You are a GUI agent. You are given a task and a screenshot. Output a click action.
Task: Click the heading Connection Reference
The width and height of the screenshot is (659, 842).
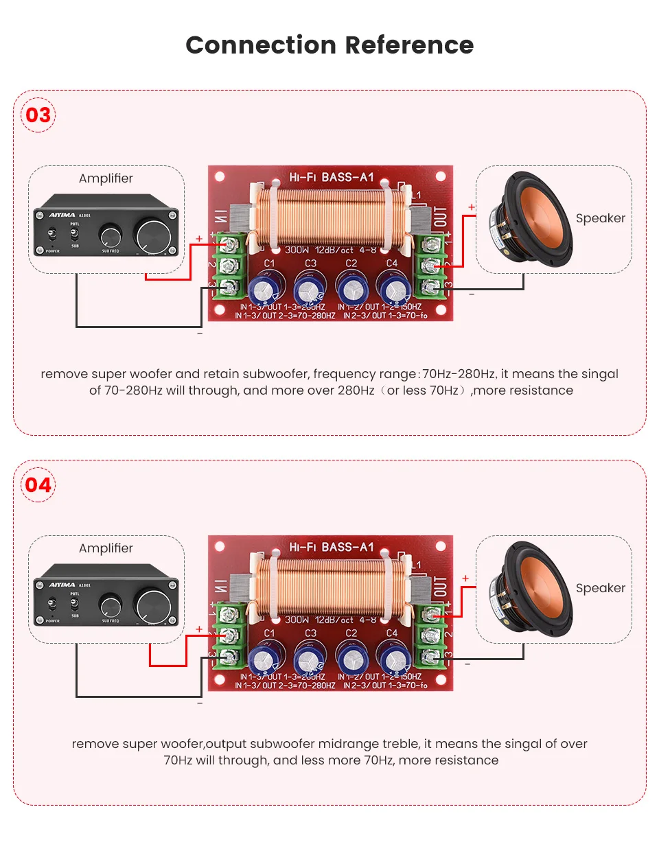pyautogui.click(x=329, y=45)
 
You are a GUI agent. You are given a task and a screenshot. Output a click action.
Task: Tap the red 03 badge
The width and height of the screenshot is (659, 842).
pyautogui.click(x=38, y=115)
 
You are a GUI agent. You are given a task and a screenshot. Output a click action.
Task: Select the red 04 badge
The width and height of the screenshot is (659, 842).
pyautogui.click(x=38, y=485)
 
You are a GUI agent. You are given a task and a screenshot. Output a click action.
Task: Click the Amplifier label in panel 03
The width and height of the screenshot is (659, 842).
pyautogui.click(x=106, y=178)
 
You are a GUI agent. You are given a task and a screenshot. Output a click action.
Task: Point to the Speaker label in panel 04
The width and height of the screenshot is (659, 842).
pyautogui.click(x=601, y=588)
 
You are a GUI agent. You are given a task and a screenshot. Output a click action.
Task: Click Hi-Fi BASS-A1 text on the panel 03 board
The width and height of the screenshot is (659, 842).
pyautogui.click(x=331, y=177)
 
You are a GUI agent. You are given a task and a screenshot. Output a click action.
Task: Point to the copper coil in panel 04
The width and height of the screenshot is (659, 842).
pyautogui.click(x=331, y=583)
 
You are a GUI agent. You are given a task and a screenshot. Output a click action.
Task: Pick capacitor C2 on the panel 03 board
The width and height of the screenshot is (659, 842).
pyautogui.click(x=351, y=288)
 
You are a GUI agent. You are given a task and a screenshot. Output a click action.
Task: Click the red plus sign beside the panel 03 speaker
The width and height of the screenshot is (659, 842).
pyautogui.click(x=472, y=207)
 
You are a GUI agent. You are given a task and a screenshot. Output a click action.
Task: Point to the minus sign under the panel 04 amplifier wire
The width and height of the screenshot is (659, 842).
pyautogui.click(x=200, y=703)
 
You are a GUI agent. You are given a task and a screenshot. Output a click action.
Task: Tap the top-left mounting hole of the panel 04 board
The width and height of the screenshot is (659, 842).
pyautogui.click(x=220, y=547)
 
